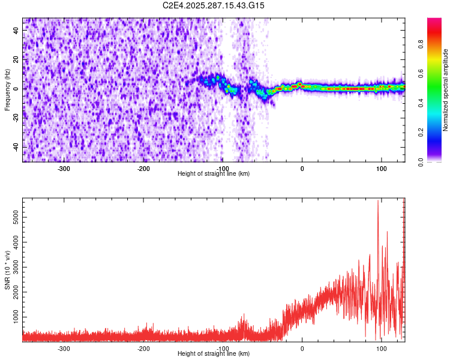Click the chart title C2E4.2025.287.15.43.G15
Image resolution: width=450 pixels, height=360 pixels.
pos(214,5)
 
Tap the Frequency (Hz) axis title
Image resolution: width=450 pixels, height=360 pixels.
pos(7,89)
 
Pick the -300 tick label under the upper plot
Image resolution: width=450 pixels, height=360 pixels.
pos(64,169)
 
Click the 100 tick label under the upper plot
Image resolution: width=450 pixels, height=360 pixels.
pos(381,169)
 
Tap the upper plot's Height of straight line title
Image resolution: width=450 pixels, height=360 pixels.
pos(214,174)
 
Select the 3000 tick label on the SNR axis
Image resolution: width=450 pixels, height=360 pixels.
pos(13,266)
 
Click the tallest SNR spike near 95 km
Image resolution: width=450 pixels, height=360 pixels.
pos(377,202)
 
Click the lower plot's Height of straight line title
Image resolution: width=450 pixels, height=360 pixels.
pos(214,354)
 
